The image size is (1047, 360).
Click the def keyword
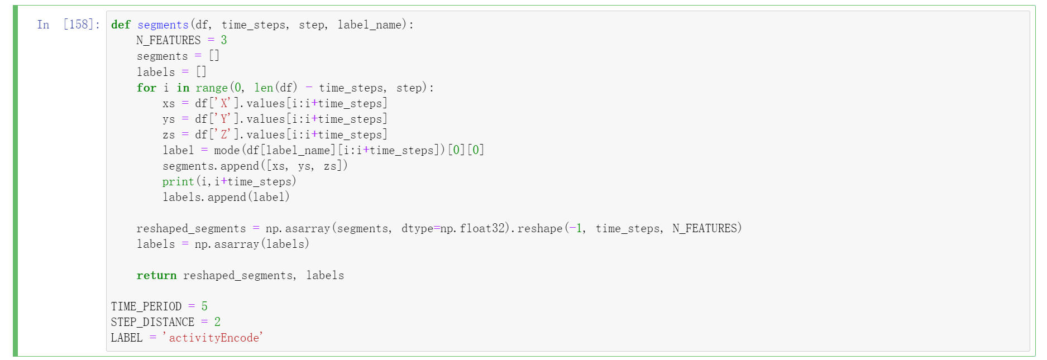(121, 25)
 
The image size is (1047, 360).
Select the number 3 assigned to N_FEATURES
(224, 40)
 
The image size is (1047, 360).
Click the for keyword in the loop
(146, 88)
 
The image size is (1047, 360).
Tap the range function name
(212, 88)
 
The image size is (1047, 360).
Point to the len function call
(264, 88)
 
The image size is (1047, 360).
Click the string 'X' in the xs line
(224, 103)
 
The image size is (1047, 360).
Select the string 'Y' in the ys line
(224, 119)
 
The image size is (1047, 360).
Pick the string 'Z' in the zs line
(224, 135)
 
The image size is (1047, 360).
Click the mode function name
(227, 150)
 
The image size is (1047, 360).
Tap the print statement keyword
(178, 181)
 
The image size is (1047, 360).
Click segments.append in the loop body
(211, 166)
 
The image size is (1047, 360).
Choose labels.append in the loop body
(204, 197)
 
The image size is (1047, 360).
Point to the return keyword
(156, 275)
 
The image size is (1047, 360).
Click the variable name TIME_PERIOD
(146, 306)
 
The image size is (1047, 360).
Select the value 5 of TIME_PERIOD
(204, 306)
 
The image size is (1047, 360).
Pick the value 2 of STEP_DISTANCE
(217, 322)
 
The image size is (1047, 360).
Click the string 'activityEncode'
(213, 338)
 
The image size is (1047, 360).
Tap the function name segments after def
(163, 25)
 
